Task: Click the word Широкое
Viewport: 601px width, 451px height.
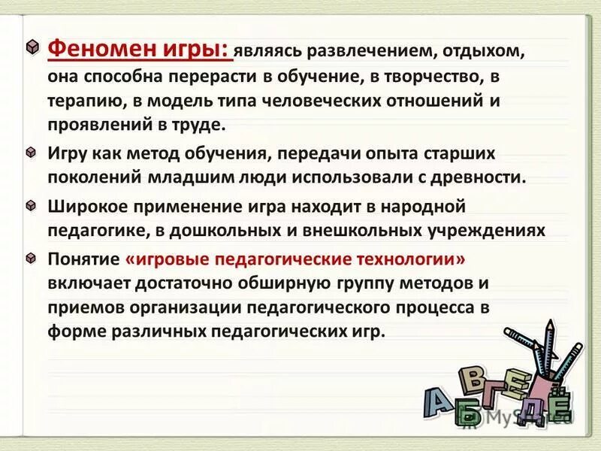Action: coord(84,205)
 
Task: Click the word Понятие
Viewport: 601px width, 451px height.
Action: coord(83,259)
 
